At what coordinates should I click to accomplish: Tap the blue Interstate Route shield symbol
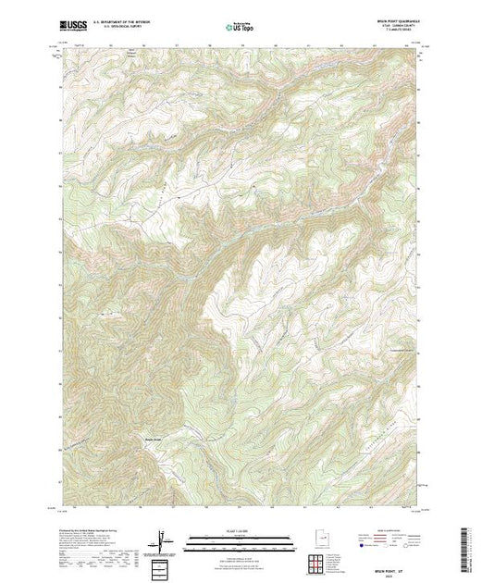[x=361, y=547]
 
